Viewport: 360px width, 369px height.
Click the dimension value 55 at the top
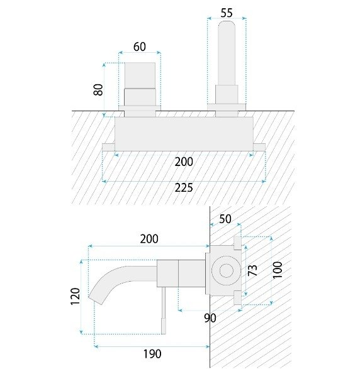[227, 13]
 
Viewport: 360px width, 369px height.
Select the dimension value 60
[140, 47]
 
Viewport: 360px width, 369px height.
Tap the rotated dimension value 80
[98, 90]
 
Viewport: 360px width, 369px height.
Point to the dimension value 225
[184, 188]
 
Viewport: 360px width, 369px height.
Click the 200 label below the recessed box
[184, 162]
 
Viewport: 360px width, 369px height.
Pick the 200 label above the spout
[149, 239]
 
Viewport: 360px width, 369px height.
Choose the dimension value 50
[225, 219]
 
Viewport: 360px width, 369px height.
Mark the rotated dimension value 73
[252, 270]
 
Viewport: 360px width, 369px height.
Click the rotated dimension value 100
[278, 270]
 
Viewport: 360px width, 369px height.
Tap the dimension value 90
[210, 318]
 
